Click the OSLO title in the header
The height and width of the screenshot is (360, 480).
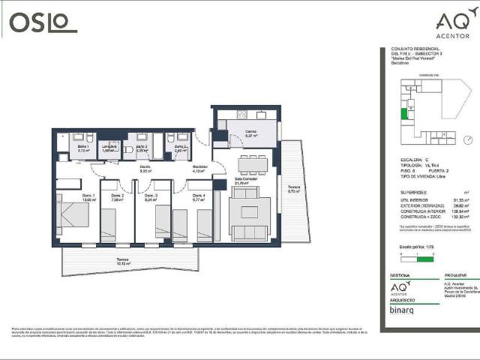pos(43,22)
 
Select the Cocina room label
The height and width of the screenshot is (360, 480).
pos(250,133)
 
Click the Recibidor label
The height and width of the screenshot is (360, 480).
pos(199,169)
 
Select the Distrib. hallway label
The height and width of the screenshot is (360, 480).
pos(145,169)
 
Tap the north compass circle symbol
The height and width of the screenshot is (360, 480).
pos(466,139)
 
